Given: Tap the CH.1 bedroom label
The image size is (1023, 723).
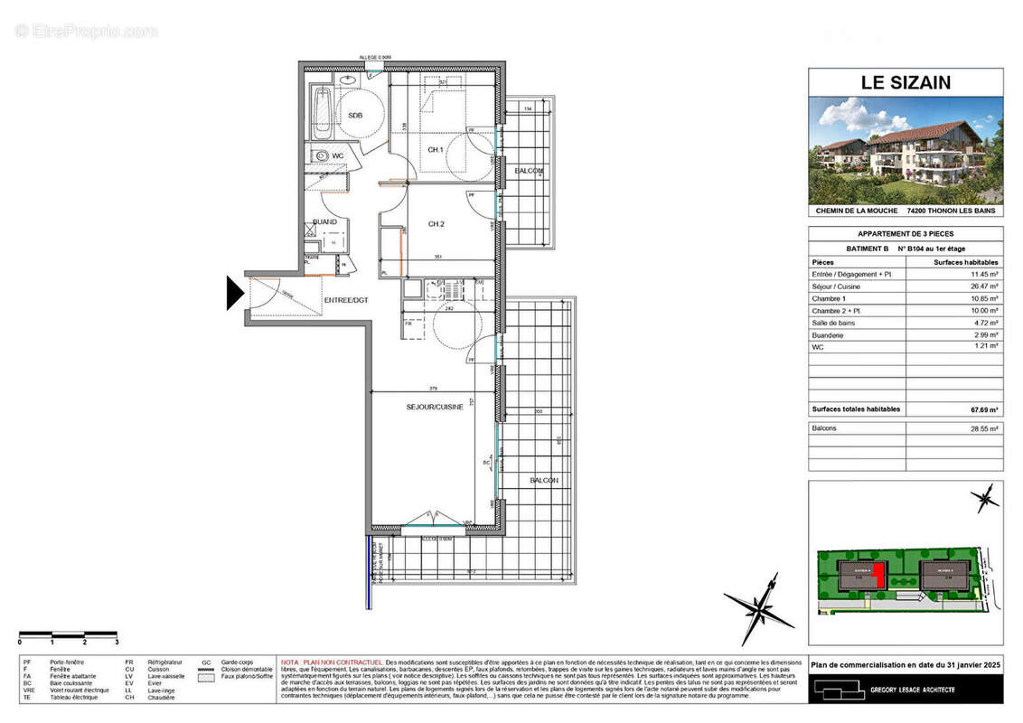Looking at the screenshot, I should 435,149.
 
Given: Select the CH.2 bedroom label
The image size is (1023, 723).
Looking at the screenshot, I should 436,224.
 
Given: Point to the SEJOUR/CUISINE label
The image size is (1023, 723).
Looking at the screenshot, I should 434,408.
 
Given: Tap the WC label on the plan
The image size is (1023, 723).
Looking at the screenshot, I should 338,156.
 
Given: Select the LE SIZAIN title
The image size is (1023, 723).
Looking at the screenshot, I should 905,83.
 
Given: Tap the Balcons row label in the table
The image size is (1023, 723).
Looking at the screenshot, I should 824,428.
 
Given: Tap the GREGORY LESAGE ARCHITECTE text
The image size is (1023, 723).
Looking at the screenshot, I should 913,690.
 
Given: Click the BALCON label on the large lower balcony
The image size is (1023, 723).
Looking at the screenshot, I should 544,481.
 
